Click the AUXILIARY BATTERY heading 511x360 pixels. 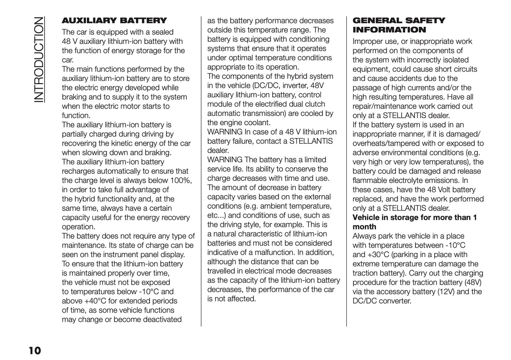click(x=114, y=21)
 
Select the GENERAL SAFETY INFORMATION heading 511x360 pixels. click(x=399, y=25)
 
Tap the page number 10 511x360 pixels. click(x=35, y=350)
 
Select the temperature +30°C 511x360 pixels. click(x=377, y=255)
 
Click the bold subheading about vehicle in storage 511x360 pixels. click(x=414, y=222)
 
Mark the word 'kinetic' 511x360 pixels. click(x=121, y=143)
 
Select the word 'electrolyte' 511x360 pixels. click(x=410, y=181)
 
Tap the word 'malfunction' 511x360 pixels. click(x=274, y=252)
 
